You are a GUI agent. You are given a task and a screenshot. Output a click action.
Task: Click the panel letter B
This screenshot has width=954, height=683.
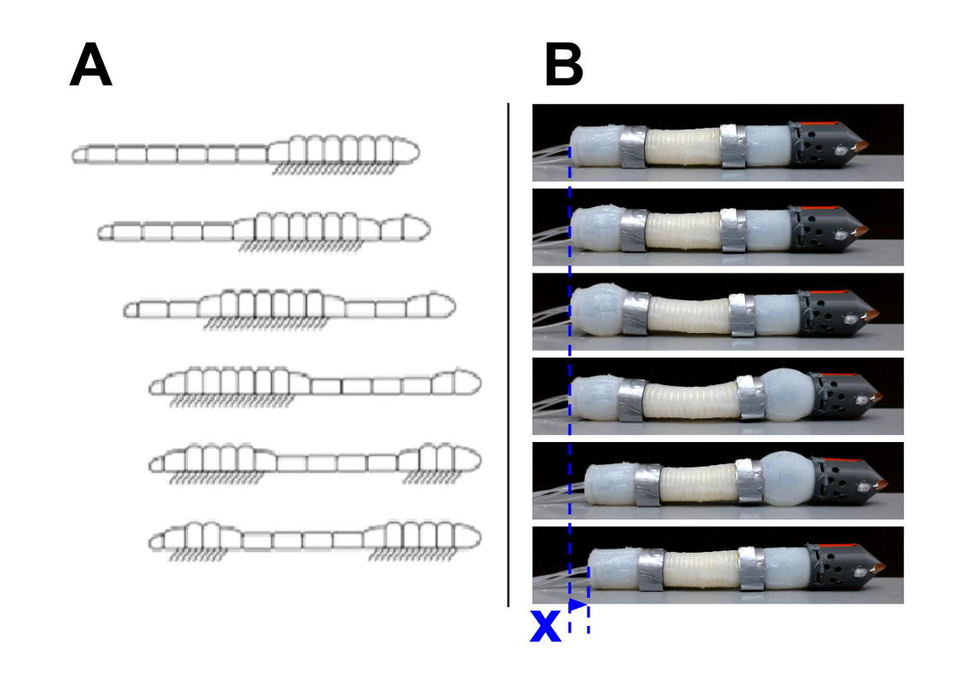pos(564,66)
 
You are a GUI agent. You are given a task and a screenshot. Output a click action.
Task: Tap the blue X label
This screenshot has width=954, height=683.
pos(545,627)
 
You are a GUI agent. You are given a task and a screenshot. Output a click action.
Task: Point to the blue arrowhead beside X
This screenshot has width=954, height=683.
pos(579,605)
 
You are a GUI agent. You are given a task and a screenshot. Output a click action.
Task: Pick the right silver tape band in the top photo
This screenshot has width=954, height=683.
pos(733,146)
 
